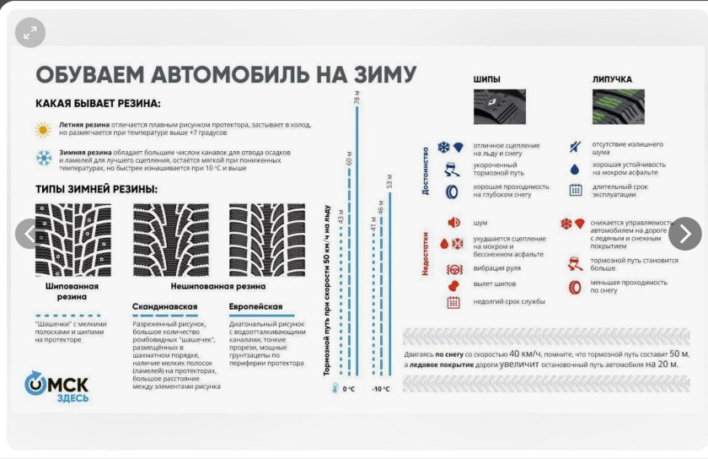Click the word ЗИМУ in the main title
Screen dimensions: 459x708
(x=376, y=74)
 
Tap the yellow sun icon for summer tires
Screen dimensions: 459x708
(x=43, y=130)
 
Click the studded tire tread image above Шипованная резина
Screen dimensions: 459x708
(x=71, y=240)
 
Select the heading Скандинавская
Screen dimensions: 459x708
(x=165, y=306)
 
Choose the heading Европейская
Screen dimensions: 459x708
(x=255, y=306)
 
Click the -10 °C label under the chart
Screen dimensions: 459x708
(x=381, y=388)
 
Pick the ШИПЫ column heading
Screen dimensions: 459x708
(x=488, y=80)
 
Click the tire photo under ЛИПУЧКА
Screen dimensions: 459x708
(x=619, y=107)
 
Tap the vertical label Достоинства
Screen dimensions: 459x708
(x=426, y=170)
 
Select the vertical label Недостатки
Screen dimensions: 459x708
(x=426, y=252)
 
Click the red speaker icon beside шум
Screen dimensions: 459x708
(x=453, y=223)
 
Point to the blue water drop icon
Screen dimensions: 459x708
(x=575, y=168)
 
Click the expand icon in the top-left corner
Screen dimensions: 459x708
(x=30, y=33)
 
